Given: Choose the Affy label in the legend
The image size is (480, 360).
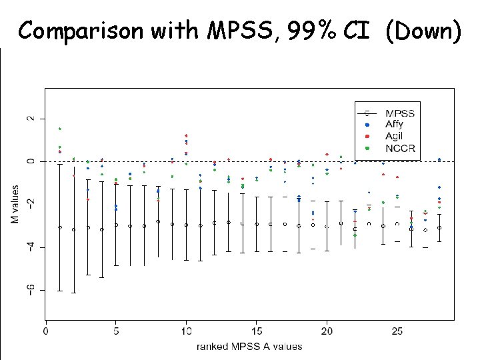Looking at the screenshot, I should [395, 124].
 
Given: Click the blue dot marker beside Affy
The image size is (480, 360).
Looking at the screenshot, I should [367, 124].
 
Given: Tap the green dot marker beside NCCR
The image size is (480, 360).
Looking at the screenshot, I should [367, 148].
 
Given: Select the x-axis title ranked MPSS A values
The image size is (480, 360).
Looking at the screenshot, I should [249, 346].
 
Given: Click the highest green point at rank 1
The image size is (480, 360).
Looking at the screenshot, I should [60, 129].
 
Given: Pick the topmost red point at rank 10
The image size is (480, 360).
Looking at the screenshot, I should [186, 136].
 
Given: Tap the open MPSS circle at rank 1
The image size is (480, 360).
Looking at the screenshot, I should [60, 227].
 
